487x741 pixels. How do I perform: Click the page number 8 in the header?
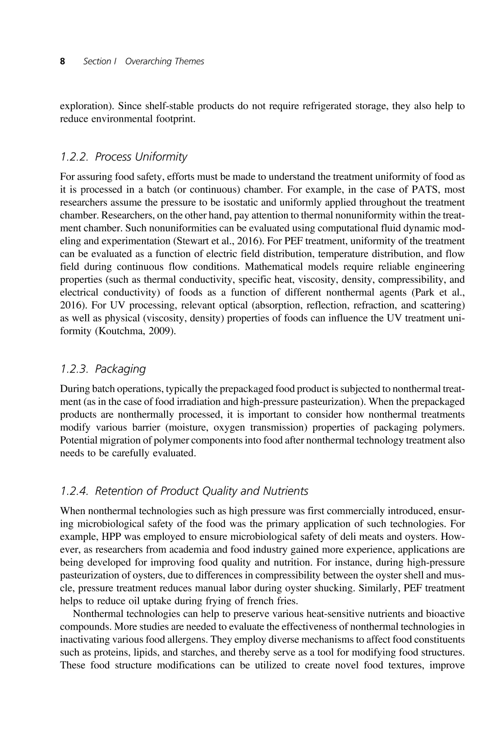(63, 61)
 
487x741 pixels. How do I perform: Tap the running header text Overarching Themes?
(164, 61)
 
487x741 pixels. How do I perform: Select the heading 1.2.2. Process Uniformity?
(124, 157)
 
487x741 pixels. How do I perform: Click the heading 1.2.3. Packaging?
(103, 369)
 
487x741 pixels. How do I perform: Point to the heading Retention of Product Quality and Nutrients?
(202, 491)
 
